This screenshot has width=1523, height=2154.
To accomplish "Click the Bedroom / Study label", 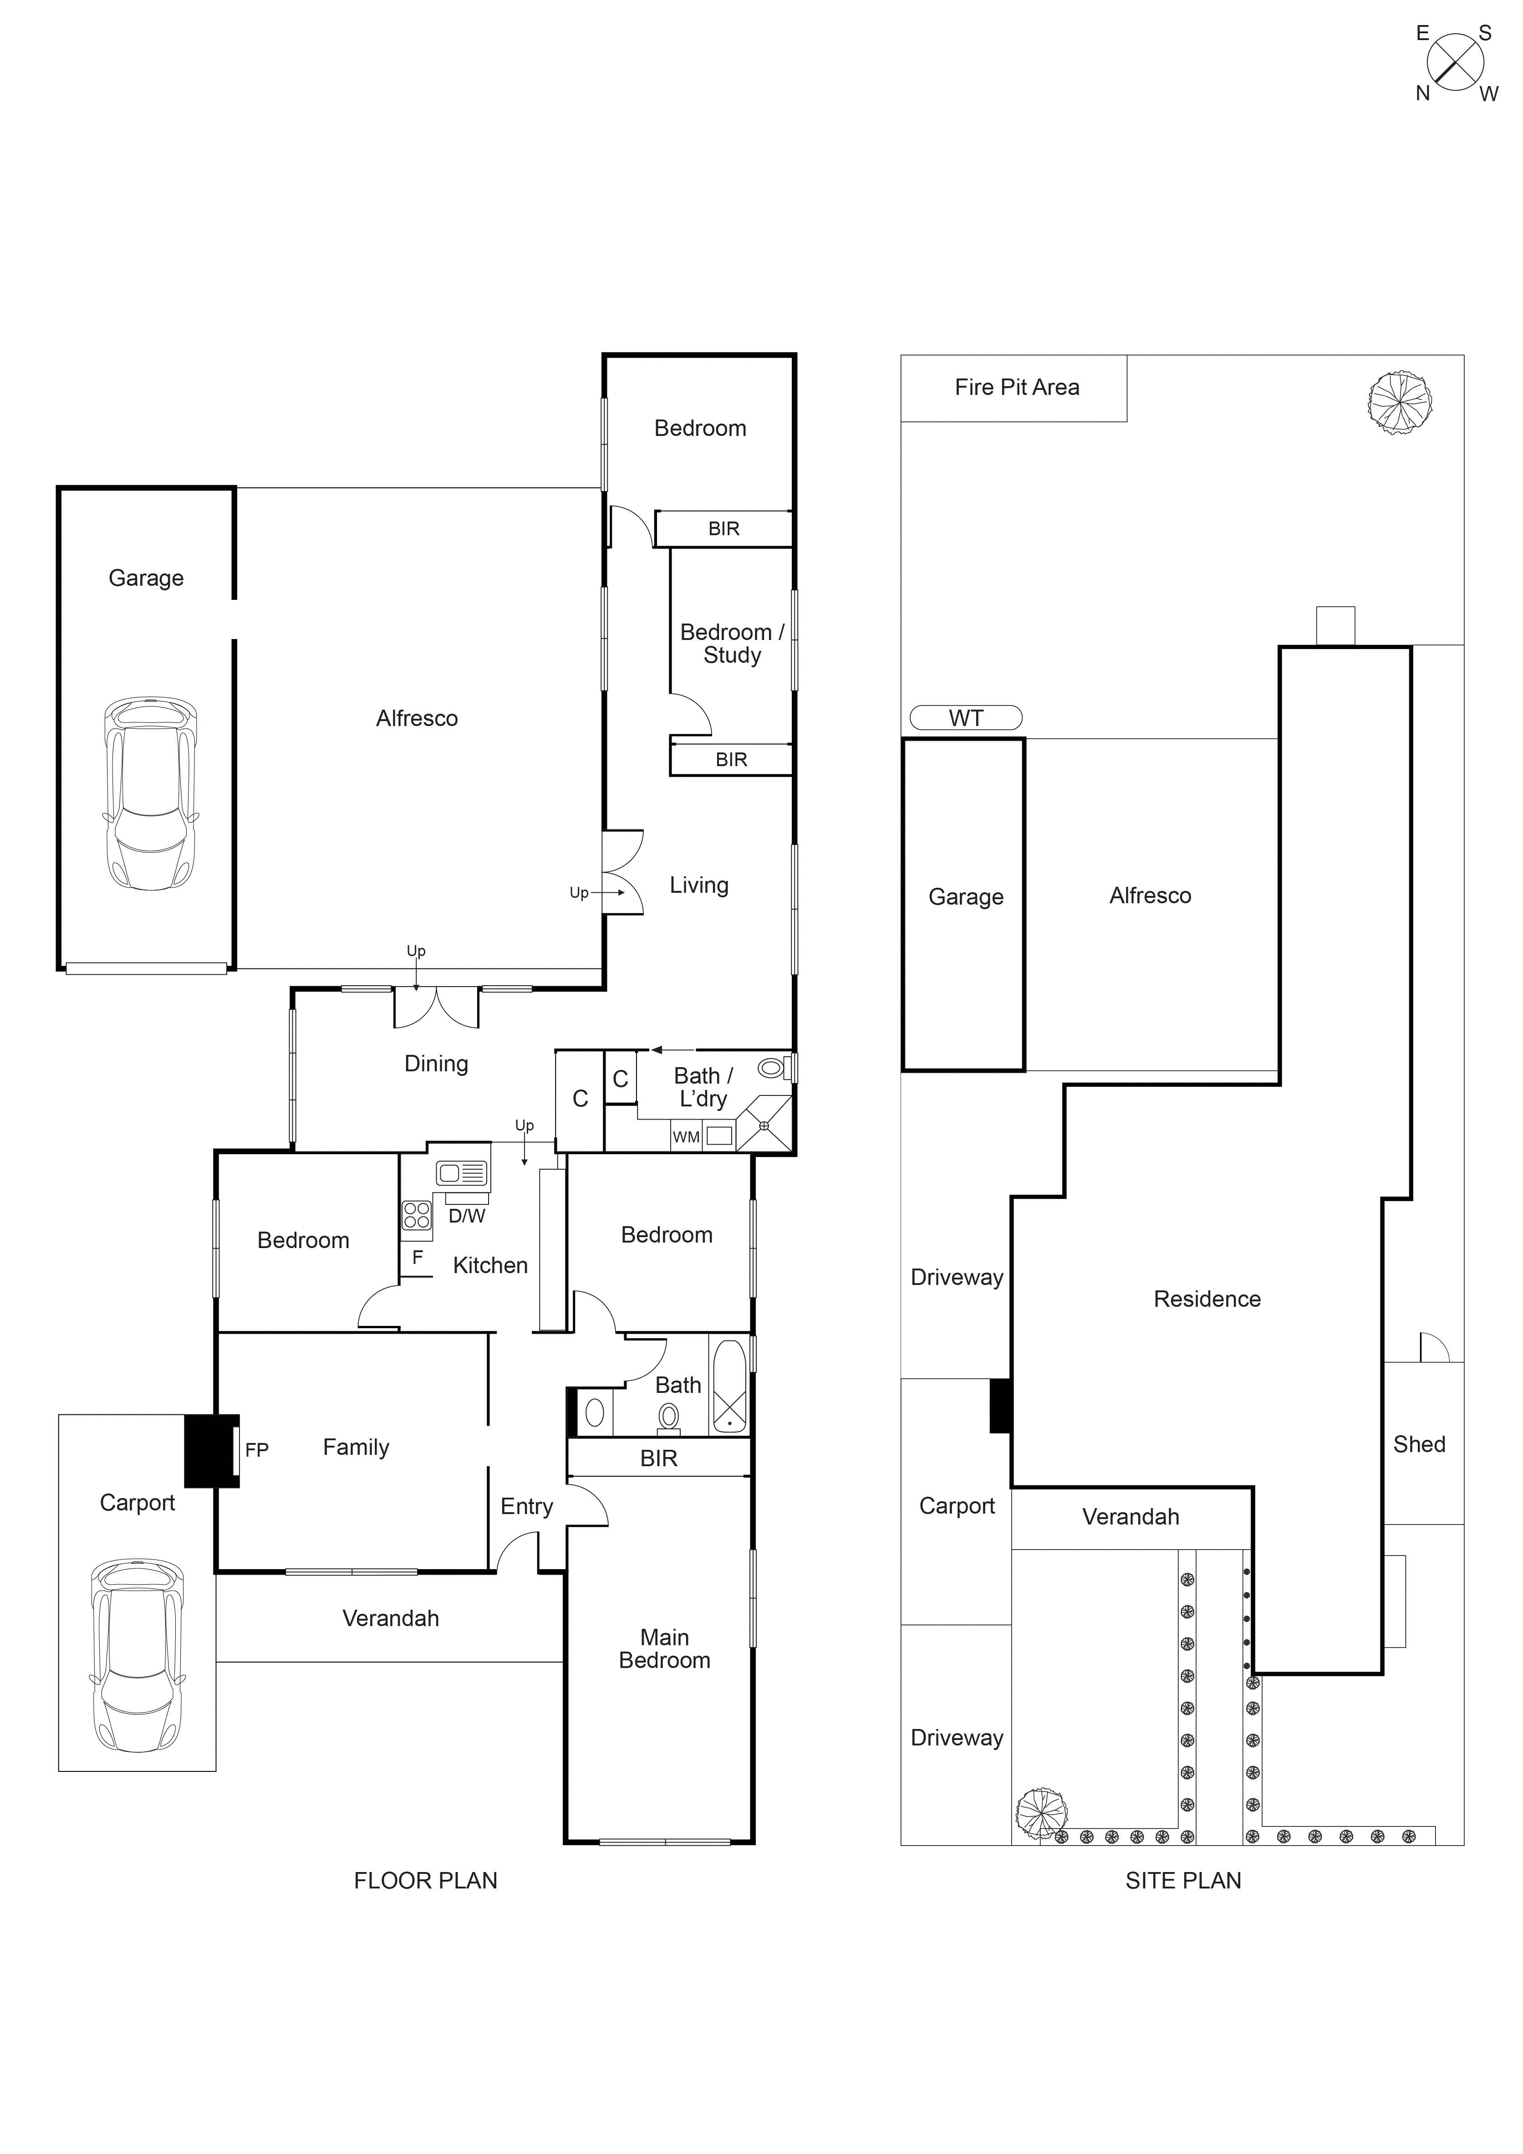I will click(x=732, y=644).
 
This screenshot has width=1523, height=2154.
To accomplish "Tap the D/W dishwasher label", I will click(x=466, y=1216).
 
